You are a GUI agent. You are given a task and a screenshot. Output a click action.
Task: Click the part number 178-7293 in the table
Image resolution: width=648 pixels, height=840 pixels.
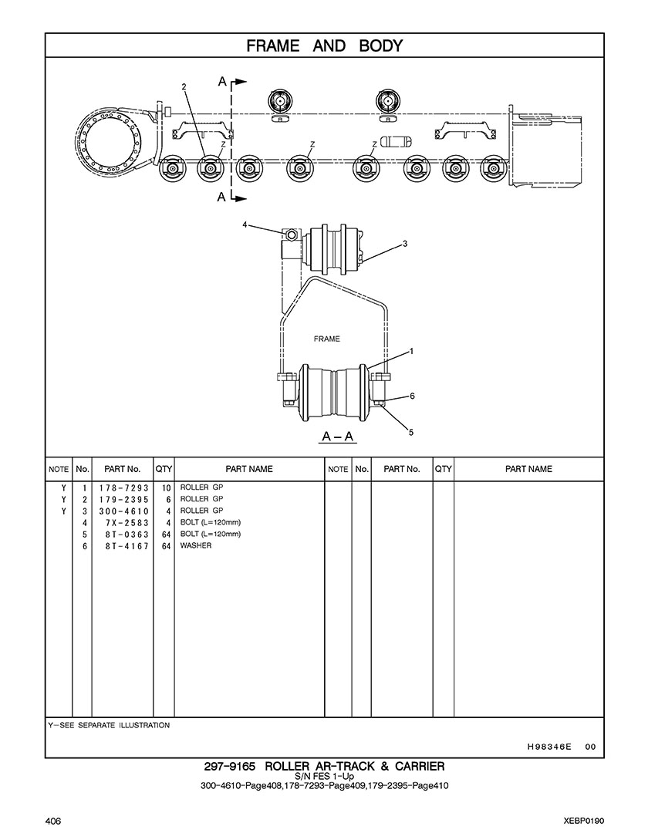[123, 488]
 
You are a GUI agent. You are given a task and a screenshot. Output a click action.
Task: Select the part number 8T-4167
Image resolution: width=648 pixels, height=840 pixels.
[127, 546]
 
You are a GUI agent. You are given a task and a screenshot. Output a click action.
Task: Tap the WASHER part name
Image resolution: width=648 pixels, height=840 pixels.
[196, 545]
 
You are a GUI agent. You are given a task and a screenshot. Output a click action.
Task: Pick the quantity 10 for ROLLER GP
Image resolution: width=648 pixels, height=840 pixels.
[166, 488]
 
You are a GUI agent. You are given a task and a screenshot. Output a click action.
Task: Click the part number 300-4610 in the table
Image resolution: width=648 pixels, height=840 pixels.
[123, 511]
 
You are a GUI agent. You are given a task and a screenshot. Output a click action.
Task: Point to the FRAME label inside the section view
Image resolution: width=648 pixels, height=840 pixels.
[326, 339]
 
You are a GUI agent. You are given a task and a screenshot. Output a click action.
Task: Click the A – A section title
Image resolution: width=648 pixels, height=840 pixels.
[338, 437]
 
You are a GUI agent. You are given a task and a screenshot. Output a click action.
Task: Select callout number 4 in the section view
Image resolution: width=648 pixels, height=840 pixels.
[245, 225]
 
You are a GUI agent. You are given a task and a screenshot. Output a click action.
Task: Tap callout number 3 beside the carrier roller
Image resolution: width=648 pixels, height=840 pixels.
[405, 244]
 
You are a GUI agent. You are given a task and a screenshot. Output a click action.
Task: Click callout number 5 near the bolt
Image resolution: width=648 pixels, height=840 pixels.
[411, 432]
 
